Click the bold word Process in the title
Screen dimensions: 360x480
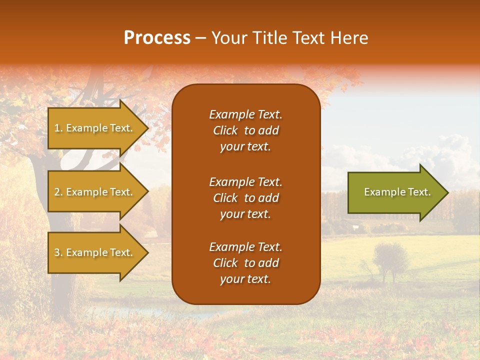(157, 38)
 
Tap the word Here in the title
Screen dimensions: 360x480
(349, 38)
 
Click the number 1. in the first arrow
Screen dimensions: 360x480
(58, 128)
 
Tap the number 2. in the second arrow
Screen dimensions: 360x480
(58, 192)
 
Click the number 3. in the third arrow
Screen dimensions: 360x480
(58, 252)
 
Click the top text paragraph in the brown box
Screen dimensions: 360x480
(245, 130)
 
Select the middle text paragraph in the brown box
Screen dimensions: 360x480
(245, 198)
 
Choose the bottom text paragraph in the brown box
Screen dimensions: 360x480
(245, 263)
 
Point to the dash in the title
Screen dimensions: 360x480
(200, 38)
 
